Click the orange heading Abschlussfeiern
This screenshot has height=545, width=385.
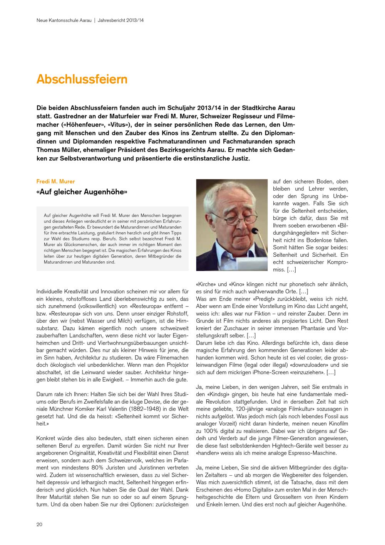click(x=82, y=79)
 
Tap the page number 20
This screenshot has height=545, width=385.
click(x=40, y=524)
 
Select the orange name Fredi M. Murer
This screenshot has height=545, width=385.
click(x=55, y=181)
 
